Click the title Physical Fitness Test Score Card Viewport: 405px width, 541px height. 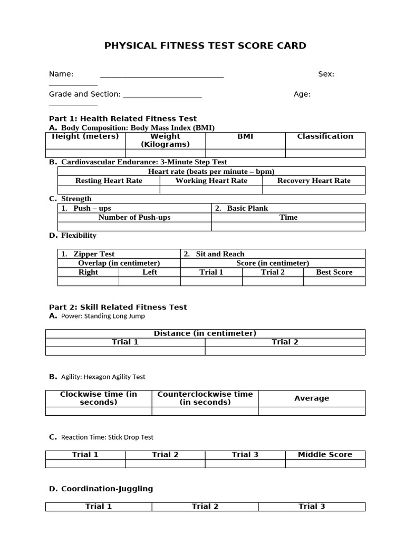coord(205,45)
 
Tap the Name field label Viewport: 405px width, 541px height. coord(61,74)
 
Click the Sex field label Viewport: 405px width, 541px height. coord(326,74)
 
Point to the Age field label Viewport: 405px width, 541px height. coord(302,94)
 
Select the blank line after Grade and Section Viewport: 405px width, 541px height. coord(162,95)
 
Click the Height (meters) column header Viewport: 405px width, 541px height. coord(85,136)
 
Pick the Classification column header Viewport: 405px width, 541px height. coord(325,136)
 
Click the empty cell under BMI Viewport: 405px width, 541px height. coord(245,153)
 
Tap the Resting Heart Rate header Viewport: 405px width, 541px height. coord(109,181)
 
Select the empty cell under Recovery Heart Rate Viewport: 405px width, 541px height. coord(314,190)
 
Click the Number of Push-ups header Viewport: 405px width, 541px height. coord(134,217)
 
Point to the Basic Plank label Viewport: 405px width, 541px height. coord(247,208)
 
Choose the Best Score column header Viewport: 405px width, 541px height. coord(334,272)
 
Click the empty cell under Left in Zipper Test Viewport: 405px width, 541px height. coord(150,281)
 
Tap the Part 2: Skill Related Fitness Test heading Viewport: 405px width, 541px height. coord(118,307)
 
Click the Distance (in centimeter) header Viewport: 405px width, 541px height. coord(205,333)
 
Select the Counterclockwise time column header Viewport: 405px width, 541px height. coord(205,398)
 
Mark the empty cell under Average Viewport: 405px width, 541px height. coord(312,411)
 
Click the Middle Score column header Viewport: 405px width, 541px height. coord(325,454)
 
